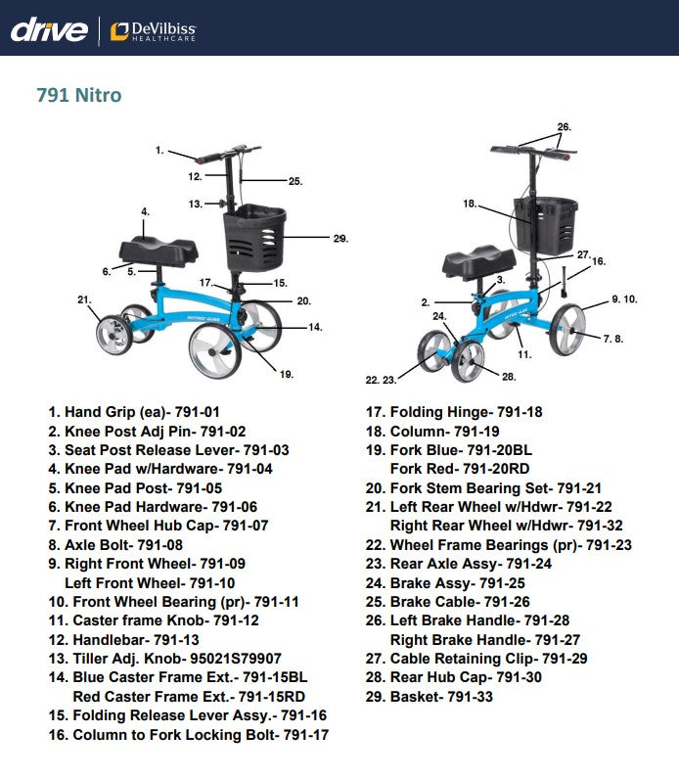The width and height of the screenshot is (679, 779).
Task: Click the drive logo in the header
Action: (x=49, y=29)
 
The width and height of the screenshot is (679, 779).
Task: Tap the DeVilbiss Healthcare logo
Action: (x=153, y=30)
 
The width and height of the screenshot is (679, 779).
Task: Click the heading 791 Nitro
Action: (x=79, y=96)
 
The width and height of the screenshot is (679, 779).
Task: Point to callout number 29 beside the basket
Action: (x=340, y=238)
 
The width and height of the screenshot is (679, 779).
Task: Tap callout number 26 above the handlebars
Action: (x=564, y=127)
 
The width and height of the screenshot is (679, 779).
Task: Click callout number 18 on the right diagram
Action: (x=470, y=204)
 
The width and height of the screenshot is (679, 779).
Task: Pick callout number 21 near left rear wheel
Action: (x=84, y=298)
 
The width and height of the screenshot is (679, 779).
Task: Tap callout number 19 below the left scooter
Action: (x=286, y=373)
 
